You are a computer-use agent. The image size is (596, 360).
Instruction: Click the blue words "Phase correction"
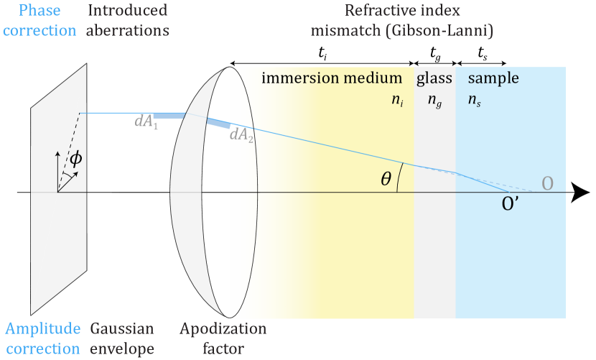coord(39,21)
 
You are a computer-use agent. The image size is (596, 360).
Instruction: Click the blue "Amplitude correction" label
coord(42,338)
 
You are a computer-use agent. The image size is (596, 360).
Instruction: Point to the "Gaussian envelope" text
coord(121,338)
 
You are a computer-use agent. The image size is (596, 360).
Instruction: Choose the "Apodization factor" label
coord(223,338)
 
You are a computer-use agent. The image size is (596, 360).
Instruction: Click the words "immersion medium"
coord(332,78)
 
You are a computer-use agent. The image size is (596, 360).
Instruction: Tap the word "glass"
coord(434,78)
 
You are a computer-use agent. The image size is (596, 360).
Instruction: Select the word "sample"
coord(493,78)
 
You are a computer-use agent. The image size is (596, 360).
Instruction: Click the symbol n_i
coord(396,101)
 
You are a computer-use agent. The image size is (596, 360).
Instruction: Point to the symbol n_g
coord(434,101)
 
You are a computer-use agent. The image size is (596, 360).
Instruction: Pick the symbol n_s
coord(474,101)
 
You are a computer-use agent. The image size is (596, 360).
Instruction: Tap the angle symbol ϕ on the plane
coord(75,159)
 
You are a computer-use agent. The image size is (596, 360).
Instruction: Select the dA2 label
coord(242,135)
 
